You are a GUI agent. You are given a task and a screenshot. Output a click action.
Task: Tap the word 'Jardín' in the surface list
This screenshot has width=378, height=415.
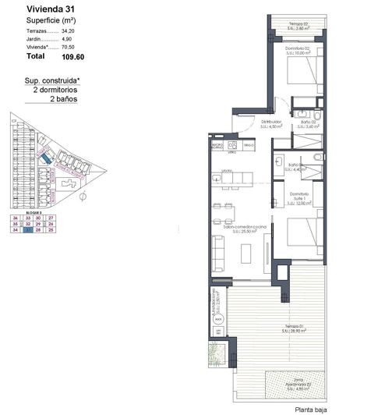click(x=35, y=38)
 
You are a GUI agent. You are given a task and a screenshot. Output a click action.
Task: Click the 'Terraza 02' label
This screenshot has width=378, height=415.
click(x=299, y=24)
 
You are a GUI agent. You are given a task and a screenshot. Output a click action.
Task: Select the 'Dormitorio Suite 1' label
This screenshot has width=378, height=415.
click(x=299, y=198)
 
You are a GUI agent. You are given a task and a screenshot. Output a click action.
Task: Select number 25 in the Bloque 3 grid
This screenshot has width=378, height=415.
click(x=51, y=230)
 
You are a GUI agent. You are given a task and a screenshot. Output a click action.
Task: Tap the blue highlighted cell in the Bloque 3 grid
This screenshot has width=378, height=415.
click(x=28, y=230)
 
